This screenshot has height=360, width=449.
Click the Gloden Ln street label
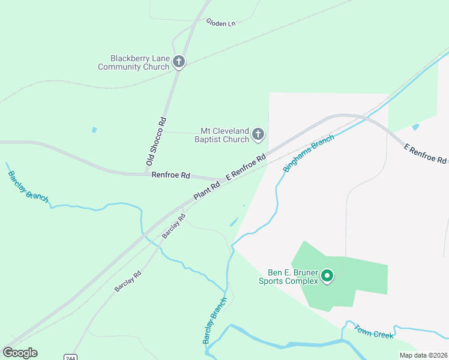221,23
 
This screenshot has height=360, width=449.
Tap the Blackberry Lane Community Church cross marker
178,62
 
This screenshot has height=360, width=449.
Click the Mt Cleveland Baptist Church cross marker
258,134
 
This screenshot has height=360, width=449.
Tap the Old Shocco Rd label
155,142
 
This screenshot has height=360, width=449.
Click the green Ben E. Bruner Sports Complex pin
327,276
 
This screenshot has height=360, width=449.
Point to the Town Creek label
373,331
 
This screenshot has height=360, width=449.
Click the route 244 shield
70,357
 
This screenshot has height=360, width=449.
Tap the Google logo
20,353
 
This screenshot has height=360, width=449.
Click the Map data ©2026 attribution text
423,355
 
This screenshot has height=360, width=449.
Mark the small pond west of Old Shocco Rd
94,130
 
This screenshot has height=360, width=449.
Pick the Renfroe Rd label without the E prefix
171,175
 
